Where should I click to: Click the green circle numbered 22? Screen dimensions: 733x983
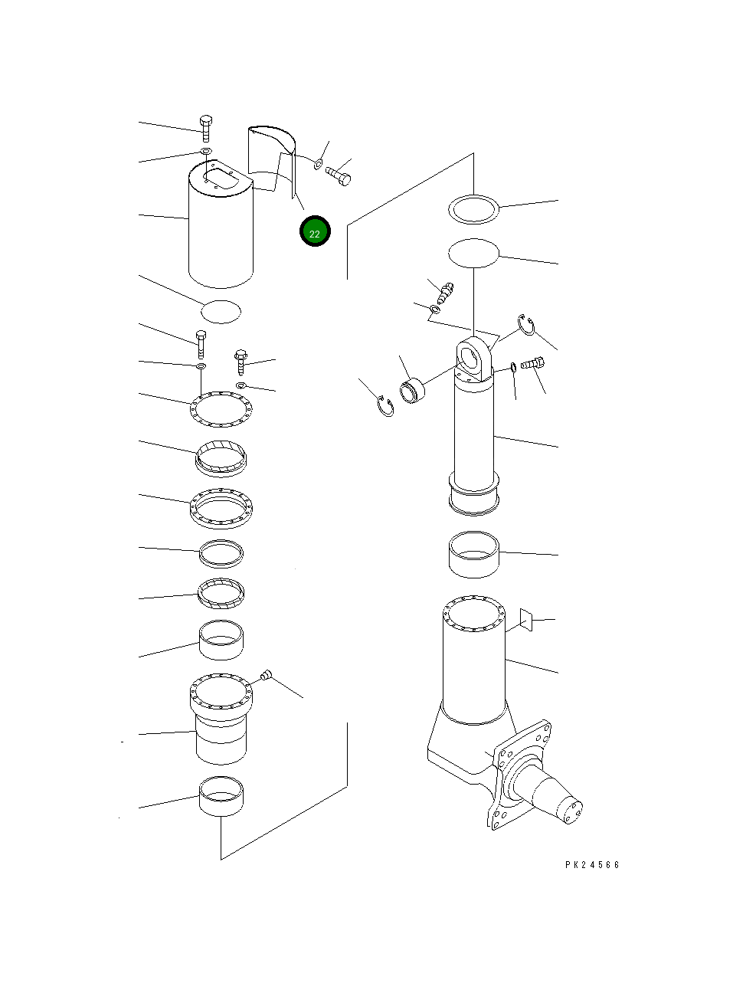[315, 231]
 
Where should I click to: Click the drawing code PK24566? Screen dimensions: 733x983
[591, 865]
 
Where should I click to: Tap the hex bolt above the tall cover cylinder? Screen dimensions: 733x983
[205, 129]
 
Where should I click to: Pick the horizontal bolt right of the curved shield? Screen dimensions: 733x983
[339, 175]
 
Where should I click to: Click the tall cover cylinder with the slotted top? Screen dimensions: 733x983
[221, 224]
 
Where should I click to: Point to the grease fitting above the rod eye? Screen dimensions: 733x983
[445, 293]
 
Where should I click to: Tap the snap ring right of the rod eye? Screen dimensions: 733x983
[526, 324]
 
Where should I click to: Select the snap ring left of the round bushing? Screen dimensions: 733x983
[385, 406]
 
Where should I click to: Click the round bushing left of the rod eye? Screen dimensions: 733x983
[412, 391]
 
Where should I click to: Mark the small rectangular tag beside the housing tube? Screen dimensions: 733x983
[526, 620]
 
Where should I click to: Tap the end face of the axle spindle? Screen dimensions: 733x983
[569, 813]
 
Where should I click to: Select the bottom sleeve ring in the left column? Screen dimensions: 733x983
[221, 796]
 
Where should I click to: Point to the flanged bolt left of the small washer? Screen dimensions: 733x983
[241, 362]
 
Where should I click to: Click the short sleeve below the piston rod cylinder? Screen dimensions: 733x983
[474, 555]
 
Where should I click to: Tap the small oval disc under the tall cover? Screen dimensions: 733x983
[221, 312]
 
